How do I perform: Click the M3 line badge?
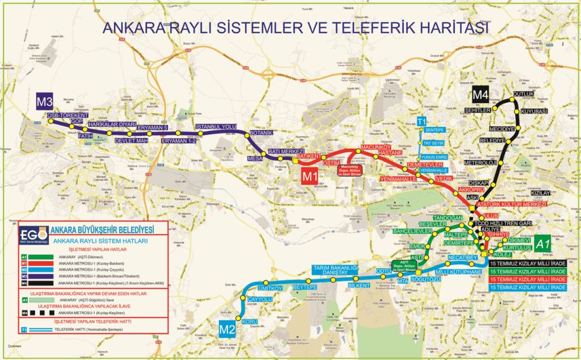click(x=45, y=102)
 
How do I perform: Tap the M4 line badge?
click(x=481, y=95)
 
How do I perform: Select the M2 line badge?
click(x=227, y=328)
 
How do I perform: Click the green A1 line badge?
click(x=543, y=244)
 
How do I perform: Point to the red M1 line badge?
click(x=310, y=176)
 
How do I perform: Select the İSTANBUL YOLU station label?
click(x=216, y=126)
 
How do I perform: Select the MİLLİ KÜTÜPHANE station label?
click(x=459, y=273)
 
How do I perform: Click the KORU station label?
click(x=250, y=322)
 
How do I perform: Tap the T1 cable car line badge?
click(x=422, y=122)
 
